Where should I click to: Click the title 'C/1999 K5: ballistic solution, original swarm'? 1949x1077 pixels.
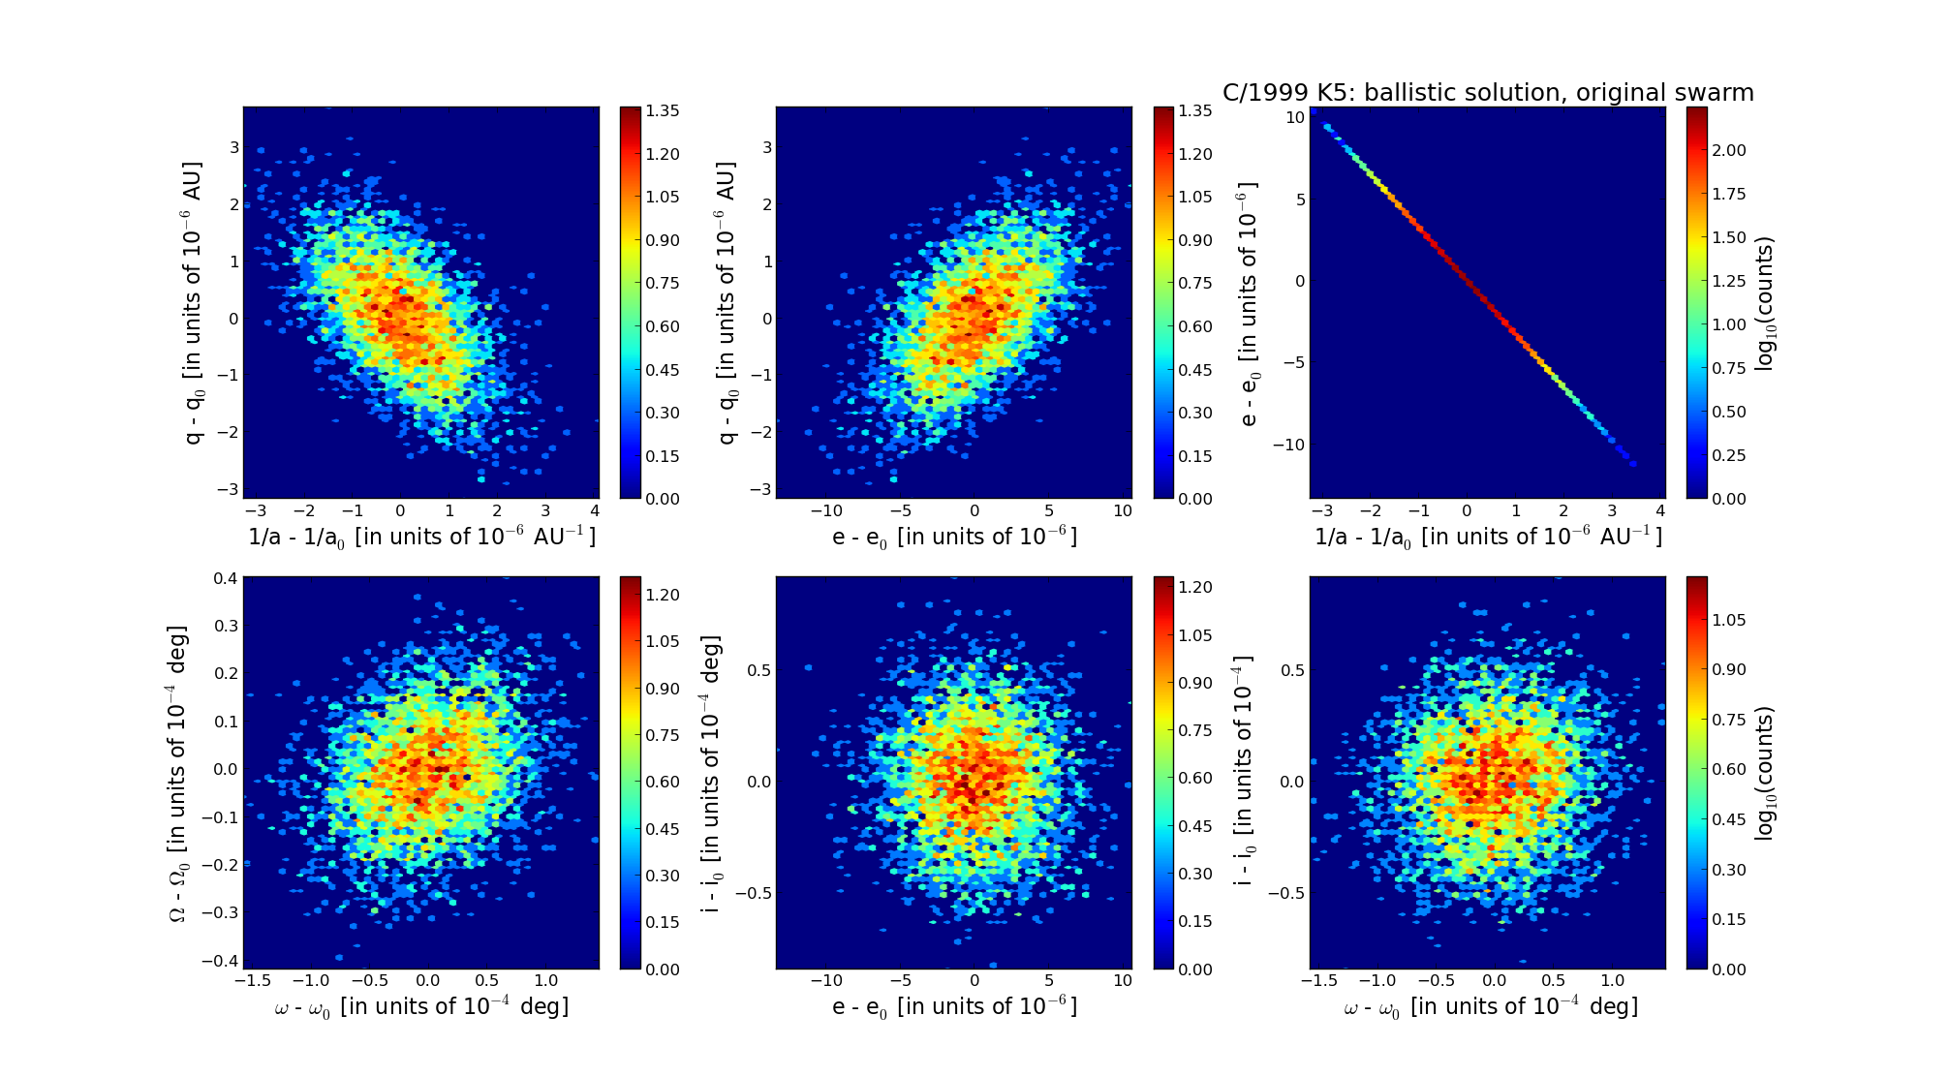tap(1488, 93)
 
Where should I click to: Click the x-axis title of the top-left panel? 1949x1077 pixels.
tap(421, 537)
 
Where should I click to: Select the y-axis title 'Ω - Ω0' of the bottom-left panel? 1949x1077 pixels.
tap(178, 773)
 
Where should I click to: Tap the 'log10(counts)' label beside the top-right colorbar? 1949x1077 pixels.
tap(1765, 303)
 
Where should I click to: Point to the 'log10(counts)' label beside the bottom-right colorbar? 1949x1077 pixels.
tap(1765, 773)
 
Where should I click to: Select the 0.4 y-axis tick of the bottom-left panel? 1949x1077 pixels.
tap(226, 578)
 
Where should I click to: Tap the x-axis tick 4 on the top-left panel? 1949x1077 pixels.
tap(594, 510)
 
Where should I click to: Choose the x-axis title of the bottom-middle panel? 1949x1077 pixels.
tap(954, 1007)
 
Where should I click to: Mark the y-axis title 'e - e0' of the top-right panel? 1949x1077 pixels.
tap(1249, 303)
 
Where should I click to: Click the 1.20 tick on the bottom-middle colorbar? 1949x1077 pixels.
tap(1195, 587)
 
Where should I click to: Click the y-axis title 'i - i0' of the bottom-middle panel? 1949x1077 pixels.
tap(712, 773)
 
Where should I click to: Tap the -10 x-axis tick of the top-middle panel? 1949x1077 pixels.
tap(826, 510)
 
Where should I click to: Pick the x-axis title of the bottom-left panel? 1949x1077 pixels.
tap(421, 1007)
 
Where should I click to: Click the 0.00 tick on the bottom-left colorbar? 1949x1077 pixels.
tap(663, 969)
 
